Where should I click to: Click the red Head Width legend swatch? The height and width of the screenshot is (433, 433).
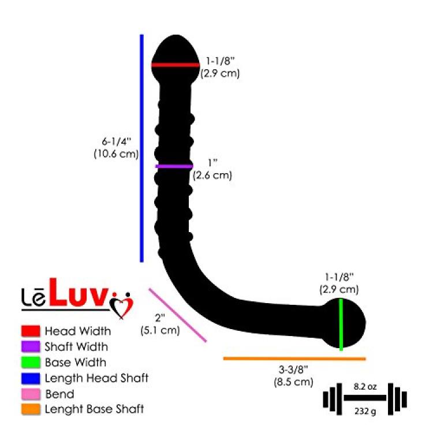(31, 331)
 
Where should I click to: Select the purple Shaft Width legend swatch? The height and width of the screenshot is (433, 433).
(31, 346)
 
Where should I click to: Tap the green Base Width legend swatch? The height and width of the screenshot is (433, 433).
(31, 363)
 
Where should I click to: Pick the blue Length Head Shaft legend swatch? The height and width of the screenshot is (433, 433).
(31, 378)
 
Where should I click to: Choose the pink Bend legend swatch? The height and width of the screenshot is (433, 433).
(31, 394)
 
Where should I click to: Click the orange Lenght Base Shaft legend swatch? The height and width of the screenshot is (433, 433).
(31, 409)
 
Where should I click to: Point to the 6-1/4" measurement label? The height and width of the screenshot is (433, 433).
(116, 141)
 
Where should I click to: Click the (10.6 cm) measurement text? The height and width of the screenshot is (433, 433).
(116, 154)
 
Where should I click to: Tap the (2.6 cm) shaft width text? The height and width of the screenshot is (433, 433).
(212, 176)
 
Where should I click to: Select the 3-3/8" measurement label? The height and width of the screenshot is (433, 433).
(293, 369)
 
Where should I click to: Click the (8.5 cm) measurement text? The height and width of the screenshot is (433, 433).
(293, 382)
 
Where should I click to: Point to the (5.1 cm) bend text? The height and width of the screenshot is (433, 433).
(160, 330)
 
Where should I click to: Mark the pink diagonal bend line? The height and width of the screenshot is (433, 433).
(178, 315)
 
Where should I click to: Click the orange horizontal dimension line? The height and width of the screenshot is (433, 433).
(294, 359)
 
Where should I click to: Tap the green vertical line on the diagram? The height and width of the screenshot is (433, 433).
(341, 324)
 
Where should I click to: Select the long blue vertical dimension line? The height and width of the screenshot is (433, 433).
(141, 148)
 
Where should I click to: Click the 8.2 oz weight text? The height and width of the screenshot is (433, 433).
(365, 387)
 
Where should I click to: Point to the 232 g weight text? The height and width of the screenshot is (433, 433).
(365, 411)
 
